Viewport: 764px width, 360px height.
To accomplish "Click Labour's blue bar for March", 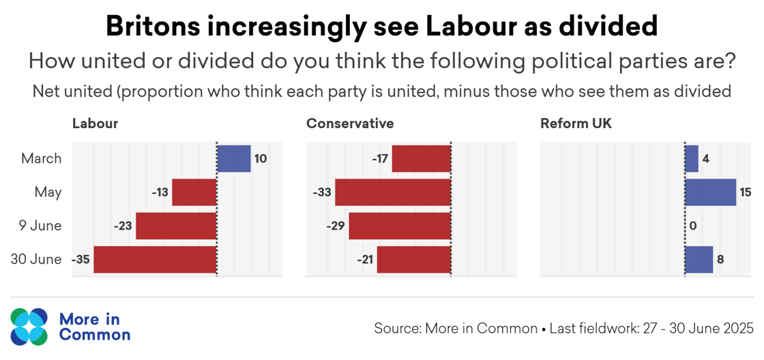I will tap(234, 159).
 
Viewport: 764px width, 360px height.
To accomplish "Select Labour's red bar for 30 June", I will tap(155, 260).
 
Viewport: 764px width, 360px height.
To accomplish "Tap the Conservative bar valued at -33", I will tap(393, 192).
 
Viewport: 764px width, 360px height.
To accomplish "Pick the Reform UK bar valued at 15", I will tap(710, 192).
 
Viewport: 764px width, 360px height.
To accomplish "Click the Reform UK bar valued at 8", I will tap(699, 260).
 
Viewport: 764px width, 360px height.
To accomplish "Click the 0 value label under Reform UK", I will tap(692, 226).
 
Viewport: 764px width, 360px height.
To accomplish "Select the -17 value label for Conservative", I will tap(380, 159).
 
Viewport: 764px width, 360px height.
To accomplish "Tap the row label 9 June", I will tap(40, 226).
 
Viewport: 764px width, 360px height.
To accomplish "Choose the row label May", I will tap(48, 192).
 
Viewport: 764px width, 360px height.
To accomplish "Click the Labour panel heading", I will tap(95, 123).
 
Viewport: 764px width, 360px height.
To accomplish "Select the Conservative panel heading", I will tap(350, 123).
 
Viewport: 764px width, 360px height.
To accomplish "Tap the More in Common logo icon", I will tap(29, 327).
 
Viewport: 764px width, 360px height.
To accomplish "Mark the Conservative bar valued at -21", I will tap(414, 260).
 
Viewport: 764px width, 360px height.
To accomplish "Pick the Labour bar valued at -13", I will tap(194, 192).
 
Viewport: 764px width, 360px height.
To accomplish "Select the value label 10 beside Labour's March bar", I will tap(260, 159).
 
